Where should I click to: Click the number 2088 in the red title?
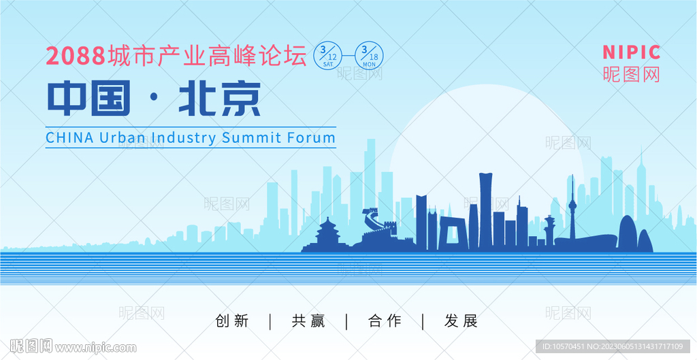pyautogui.click(x=76, y=56)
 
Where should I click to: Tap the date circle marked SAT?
pyautogui.click(x=327, y=56)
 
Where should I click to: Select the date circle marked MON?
pyautogui.click(x=369, y=56)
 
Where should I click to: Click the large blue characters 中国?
pyautogui.click(x=89, y=98)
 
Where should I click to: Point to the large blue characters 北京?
pyautogui.click(x=220, y=98)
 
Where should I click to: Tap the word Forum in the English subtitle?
pyautogui.click(x=311, y=137)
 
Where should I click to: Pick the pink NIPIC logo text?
pyautogui.click(x=631, y=52)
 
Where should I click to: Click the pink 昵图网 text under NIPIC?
pyautogui.click(x=631, y=74)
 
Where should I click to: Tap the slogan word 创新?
pyautogui.click(x=232, y=321)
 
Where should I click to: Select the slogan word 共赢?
pyautogui.click(x=308, y=321)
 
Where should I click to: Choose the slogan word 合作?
pyautogui.click(x=385, y=321)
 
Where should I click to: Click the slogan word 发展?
pyautogui.click(x=461, y=321)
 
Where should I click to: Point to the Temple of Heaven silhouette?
pyautogui.click(x=327, y=235)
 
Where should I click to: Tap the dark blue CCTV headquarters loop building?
pyautogui.click(x=453, y=233)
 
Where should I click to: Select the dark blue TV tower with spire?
pyautogui.click(x=572, y=209)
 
